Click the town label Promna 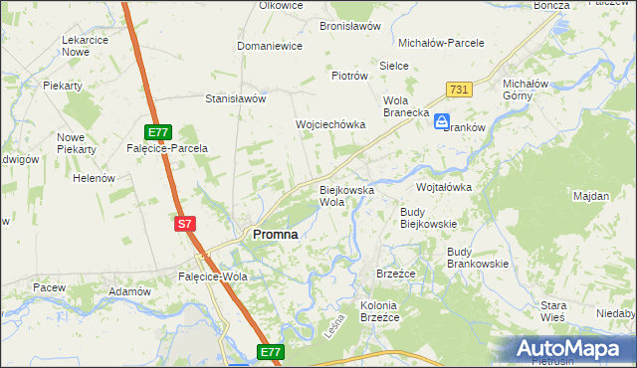(x=276, y=235)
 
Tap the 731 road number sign (x=458, y=90)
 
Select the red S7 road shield (x=184, y=225)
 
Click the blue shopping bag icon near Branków (x=441, y=121)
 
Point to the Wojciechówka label (x=330, y=124)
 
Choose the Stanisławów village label (x=235, y=99)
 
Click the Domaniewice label (x=269, y=47)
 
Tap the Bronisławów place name (x=350, y=27)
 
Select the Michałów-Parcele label (x=441, y=44)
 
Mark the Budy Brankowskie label (x=478, y=258)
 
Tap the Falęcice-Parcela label (x=167, y=148)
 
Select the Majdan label (x=591, y=196)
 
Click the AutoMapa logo (x=573, y=348)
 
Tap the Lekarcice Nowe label (x=85, y=46)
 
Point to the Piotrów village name (x=350, y=76)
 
